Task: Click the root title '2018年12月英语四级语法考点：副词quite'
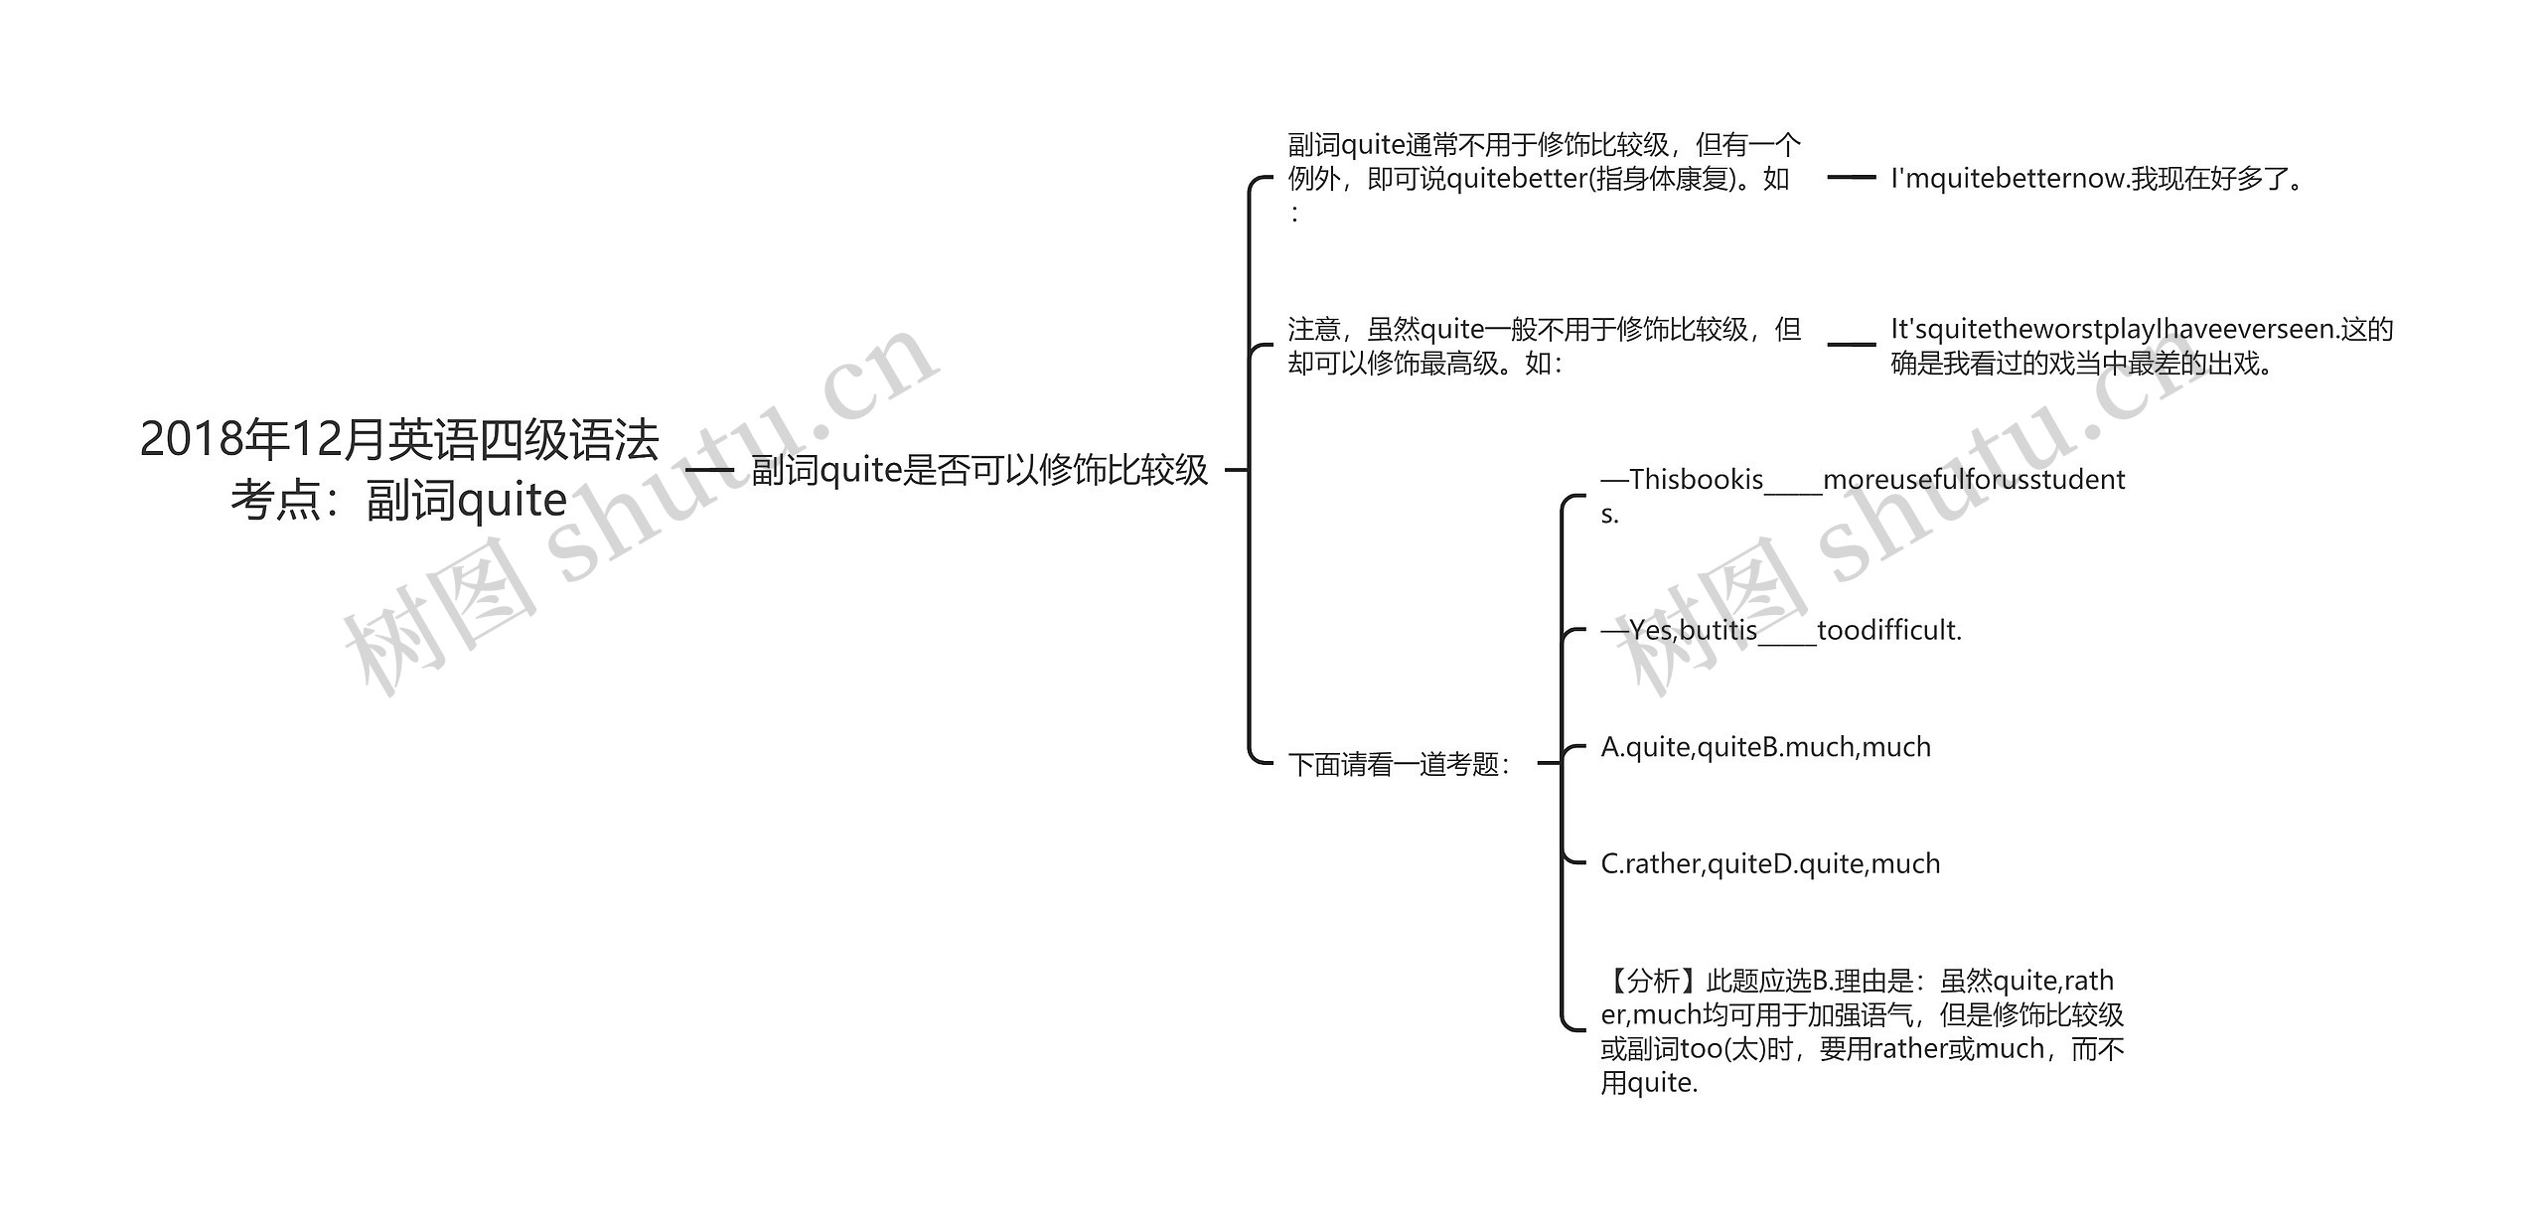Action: click(x=399, y=469)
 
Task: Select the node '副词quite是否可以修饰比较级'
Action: click(x=979, y=470)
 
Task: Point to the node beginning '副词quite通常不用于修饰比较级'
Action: click(x=1544, y=178)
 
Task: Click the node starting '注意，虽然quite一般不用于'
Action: click(x=1544, y=346)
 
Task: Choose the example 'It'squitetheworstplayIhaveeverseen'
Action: click(x=2141, y=346)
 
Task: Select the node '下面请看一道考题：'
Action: click(x=1399, y=764)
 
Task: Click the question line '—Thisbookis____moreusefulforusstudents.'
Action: click(x=1863, y=496)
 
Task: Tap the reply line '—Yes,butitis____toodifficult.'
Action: click(x=1781, y=630)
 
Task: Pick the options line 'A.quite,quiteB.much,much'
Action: click(x=1765, y=747)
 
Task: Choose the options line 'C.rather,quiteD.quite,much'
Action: click(x=1770, y=863)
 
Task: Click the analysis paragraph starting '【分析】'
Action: click(x=1862, y=1031)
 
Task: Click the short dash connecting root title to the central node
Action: click(x=709, y=470)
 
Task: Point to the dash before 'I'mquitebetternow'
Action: click(x=1852, y=178)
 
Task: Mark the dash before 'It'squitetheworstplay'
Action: click(x=1852, y=345)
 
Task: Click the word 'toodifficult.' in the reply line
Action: click(x=1889, y=630)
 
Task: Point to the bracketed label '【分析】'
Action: click(x=1653, y=982)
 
